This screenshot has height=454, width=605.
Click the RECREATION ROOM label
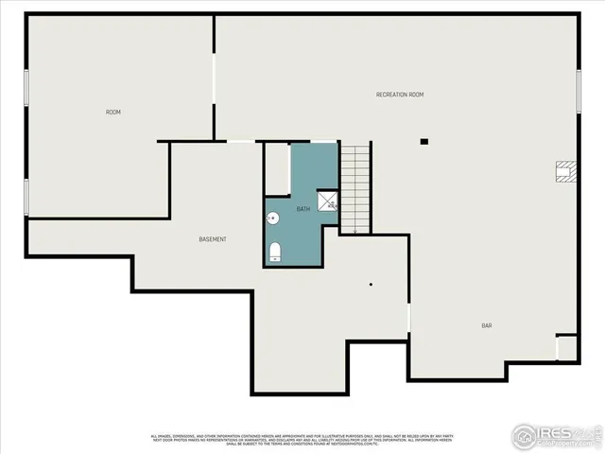coord(399,95)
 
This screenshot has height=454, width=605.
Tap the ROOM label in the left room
coord(113,113)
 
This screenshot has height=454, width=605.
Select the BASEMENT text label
coord(213,239)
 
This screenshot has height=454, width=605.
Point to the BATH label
coord(303,209)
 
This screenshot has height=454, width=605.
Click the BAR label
coord(487,325)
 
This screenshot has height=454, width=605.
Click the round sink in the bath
coord(273,218)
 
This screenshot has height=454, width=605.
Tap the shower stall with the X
coord(327,200)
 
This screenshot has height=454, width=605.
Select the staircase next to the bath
coord(354,188)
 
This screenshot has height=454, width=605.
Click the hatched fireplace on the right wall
coord(565,170)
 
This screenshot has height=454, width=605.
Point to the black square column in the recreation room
coord(424,142)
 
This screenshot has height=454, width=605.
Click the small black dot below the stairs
coord(372,284)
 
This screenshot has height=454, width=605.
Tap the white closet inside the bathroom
coord(276,169)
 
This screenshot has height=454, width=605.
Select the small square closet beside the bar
coord(566,347)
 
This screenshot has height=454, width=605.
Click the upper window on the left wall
coord(26,91)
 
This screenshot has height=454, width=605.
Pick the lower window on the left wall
coord(26,196)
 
